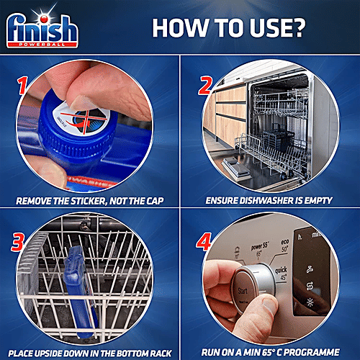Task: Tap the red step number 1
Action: point(24,89)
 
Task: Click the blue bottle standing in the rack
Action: point(78,287)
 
